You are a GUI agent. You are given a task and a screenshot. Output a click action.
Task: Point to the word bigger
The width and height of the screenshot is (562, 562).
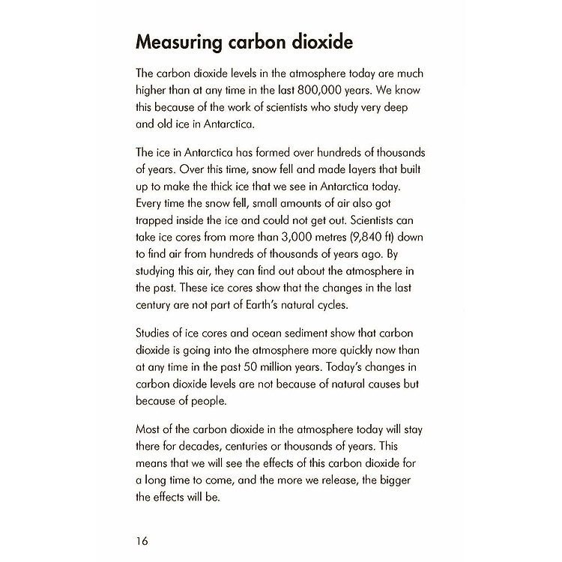[x=394, y=481]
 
